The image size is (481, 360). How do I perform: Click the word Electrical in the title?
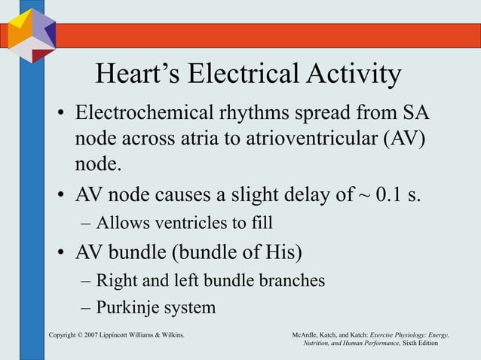coord(239,75)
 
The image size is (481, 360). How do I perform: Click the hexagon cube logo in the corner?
coord(31,34)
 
